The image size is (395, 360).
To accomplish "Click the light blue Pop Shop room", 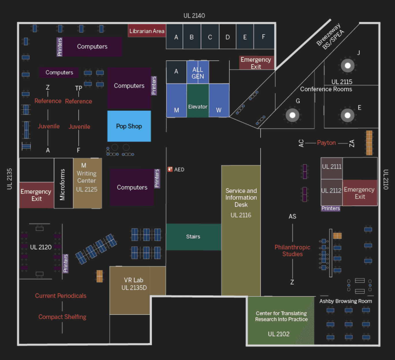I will (x=129, y=126).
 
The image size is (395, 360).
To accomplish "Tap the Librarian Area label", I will (x=147, y=31).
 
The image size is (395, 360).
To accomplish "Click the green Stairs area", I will (x=193, y=237).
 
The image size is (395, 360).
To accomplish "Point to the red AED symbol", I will (x=170, y=169).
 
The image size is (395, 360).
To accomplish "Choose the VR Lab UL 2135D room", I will (x=133, y=284).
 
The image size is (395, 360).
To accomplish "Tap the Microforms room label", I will (x=63, y=185).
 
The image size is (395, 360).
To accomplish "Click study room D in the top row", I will (x=228, y=37).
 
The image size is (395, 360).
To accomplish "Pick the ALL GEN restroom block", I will (x=198, y=73).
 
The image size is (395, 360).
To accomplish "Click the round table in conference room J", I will (x=348, y=65).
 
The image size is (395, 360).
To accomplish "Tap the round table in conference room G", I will (x=292, y=115).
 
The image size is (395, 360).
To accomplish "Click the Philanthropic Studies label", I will (x=292, y=250).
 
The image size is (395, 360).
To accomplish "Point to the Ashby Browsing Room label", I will (x=345, y=301).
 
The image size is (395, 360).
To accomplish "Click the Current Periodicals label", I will (x=61, y=296).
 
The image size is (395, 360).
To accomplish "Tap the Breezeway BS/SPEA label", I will (x=330, y=36).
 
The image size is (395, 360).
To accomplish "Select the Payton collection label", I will (x=326, y=143).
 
